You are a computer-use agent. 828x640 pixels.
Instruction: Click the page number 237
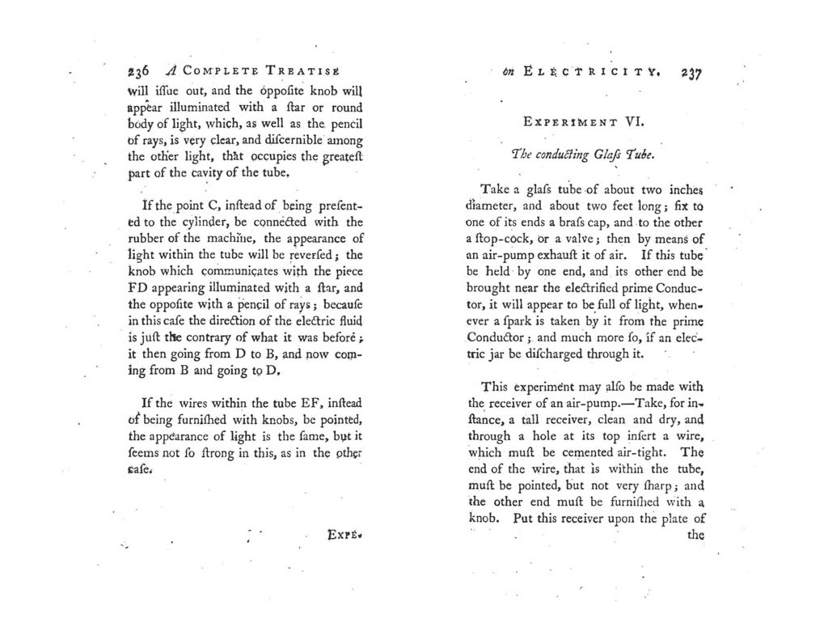[691, 71]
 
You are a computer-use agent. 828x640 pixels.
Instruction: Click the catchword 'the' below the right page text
[695, 535]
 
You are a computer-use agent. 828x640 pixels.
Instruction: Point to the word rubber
[147, 238]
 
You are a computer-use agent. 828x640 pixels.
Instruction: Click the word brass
[584, 222]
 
